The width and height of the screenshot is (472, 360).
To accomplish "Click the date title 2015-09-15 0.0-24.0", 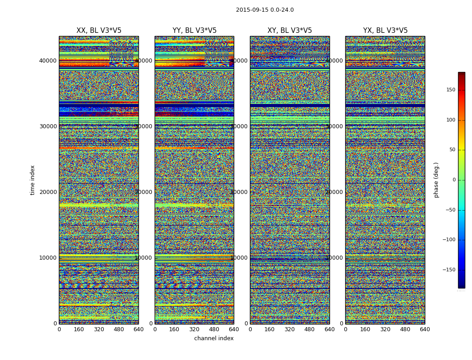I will pos(265,10).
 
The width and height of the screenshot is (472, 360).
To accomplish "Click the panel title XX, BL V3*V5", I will pos(99,31).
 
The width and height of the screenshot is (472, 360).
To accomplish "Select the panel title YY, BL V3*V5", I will pos(194,31).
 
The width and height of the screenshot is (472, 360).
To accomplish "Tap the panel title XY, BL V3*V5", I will pos(289,31).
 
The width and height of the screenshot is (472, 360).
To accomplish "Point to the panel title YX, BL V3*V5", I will pos(385,31).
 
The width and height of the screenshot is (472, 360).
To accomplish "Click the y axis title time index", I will pos(32,180).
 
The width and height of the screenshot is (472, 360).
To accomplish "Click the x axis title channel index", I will pos(214,338).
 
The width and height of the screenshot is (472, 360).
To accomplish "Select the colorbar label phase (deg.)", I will pos(436,180).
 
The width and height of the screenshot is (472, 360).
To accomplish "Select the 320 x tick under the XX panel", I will pos(99,329).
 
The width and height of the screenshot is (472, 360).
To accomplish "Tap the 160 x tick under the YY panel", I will pos(174,329).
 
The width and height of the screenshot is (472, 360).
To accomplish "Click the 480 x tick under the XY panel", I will pos(309,329).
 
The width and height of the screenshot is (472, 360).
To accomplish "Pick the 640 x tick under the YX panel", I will pos(425,329).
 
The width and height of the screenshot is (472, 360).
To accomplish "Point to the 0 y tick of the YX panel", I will pos(341,324).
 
